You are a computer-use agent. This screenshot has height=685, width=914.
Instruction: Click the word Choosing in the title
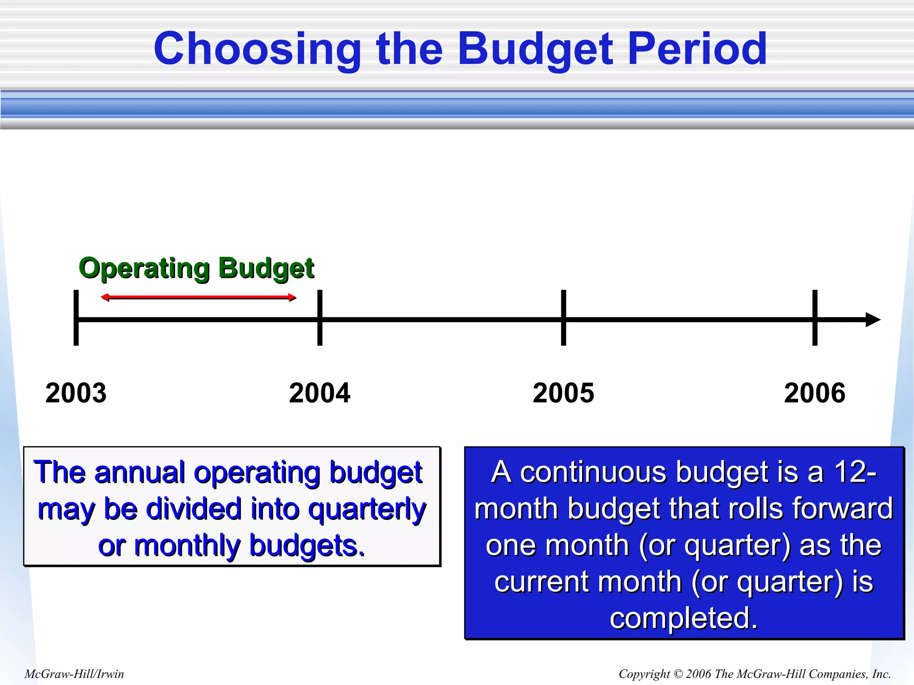257,49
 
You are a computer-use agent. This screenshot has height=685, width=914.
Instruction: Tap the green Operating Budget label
196,268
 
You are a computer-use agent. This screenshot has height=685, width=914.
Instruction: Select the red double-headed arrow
198,297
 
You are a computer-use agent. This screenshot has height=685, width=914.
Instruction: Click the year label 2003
76,393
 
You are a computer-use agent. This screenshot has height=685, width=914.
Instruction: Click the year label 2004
320,393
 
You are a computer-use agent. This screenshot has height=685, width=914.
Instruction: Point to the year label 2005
563,393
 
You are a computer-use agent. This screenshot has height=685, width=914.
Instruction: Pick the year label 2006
814,393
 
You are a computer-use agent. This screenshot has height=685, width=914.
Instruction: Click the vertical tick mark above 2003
76,318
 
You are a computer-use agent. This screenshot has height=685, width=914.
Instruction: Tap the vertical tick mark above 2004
320,318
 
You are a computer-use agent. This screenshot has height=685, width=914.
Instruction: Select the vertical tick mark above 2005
564,318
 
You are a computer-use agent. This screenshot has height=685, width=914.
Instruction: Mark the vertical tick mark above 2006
815,318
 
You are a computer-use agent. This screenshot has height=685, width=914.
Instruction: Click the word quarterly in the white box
367,509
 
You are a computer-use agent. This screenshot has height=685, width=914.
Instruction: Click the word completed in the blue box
684,618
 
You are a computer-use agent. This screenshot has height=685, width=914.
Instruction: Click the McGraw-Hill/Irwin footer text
74,674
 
